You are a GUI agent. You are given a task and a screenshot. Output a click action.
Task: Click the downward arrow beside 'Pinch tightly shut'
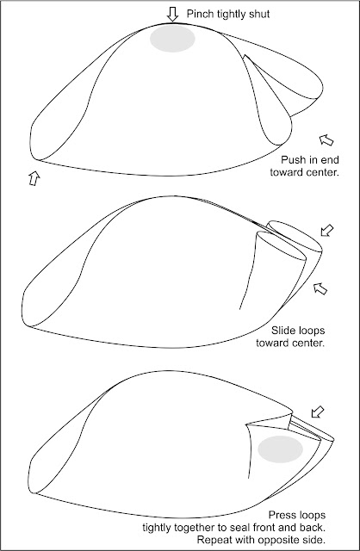[x=172, y=15]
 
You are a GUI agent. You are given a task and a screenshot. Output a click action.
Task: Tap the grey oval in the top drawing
[x=172, y=39]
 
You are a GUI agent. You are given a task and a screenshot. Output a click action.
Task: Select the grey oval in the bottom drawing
[x=280, y=449]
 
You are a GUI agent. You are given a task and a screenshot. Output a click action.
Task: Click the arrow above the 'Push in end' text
[x=326, y=139]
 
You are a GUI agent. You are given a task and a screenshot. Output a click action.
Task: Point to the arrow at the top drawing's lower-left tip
[x=34, y=178]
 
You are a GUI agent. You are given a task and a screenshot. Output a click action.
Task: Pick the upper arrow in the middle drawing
[x=327, y=231]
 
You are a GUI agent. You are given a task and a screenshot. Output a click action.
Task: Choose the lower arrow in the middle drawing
[x=320, y=288]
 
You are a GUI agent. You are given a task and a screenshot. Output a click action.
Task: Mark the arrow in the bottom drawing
[x=318, y=412]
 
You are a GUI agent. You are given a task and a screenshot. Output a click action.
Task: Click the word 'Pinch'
[x=200, y=14]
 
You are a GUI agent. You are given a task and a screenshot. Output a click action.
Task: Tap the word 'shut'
[x=260, y=14]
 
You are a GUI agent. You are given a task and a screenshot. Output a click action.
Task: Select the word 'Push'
[x=293, y=160]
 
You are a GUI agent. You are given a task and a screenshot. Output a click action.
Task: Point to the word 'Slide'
[x=283, y=331]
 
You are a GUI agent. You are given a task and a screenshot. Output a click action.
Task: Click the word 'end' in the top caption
[x=330, y=160]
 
